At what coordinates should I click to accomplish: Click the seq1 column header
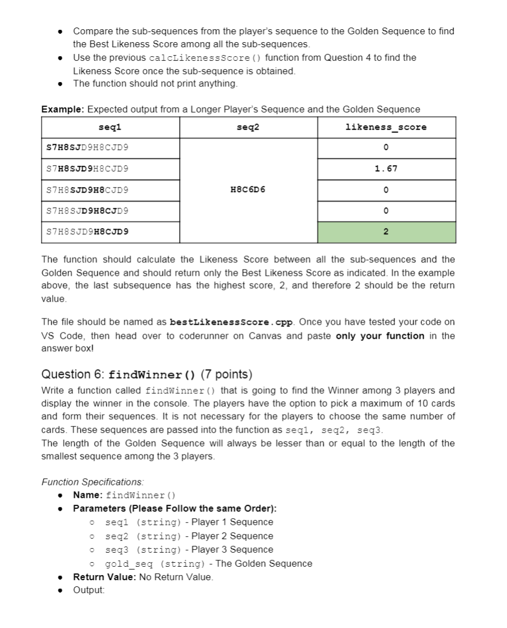(110, 128)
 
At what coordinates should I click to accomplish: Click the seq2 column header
(248, 128)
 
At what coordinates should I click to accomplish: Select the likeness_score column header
(386, 128)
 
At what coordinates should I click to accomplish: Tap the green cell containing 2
(386, 232)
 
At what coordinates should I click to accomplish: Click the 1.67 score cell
(386, 169)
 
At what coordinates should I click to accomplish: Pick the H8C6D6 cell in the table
(248, 190)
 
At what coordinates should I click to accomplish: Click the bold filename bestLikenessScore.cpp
(230, 322)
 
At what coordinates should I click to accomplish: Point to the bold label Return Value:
(104, 577)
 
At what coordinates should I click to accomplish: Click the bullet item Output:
(89, 590)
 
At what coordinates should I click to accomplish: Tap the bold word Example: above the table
(63, 110)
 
